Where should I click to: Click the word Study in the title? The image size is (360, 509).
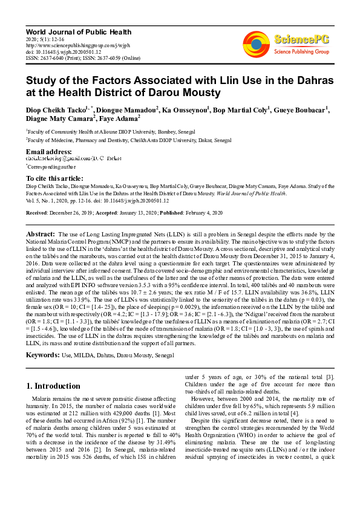(x=43, y=80)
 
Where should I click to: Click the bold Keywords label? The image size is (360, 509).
(x=43, y=354)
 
